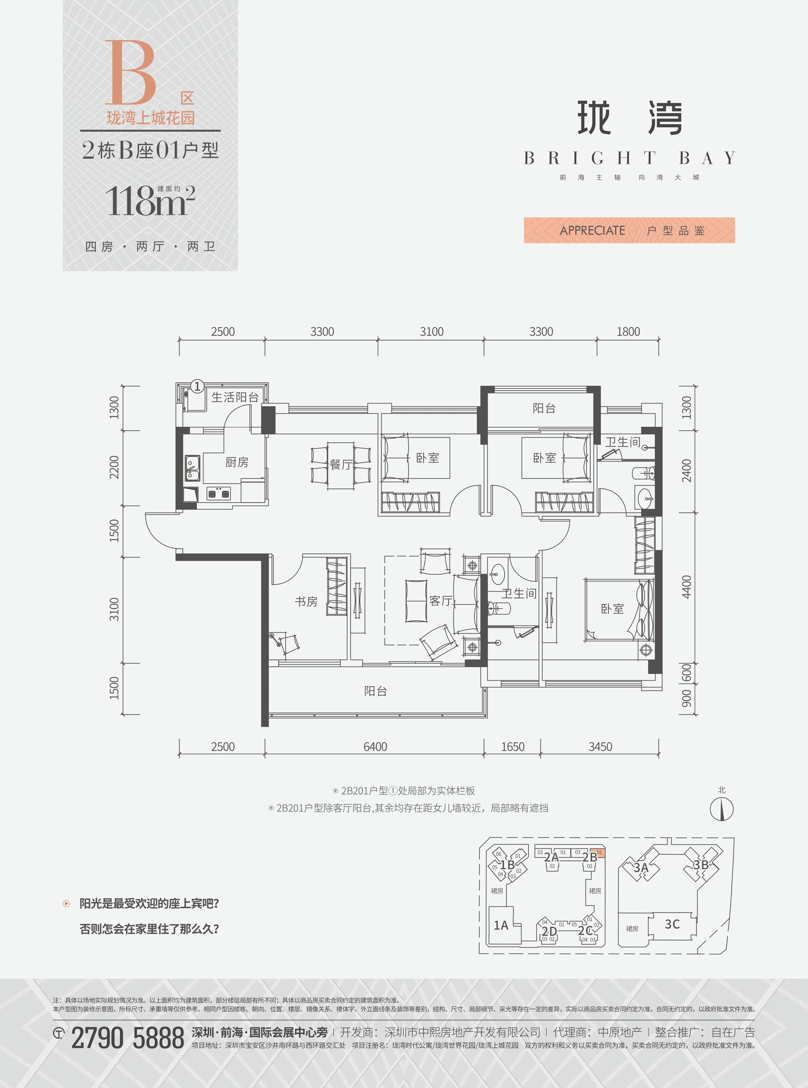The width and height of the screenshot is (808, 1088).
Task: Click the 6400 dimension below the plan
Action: pyautogui.click(x=375, y=747)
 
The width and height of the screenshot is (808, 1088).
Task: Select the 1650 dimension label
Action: pyautogui.click(x=513, y=747)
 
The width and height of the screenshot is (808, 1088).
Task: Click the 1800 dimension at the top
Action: pyautogui.click(x=628, y=331)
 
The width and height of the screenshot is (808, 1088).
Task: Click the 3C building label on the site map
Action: pyautogui.click(x=672, y=924)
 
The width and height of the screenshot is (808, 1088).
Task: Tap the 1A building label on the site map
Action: pyautogui.click(x=501, y=925)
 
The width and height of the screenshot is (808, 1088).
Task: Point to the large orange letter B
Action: pyautogui.click(x=130, y=72)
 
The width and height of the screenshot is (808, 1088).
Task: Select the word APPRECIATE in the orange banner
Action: pyautogui.click(x=592, y=230)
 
